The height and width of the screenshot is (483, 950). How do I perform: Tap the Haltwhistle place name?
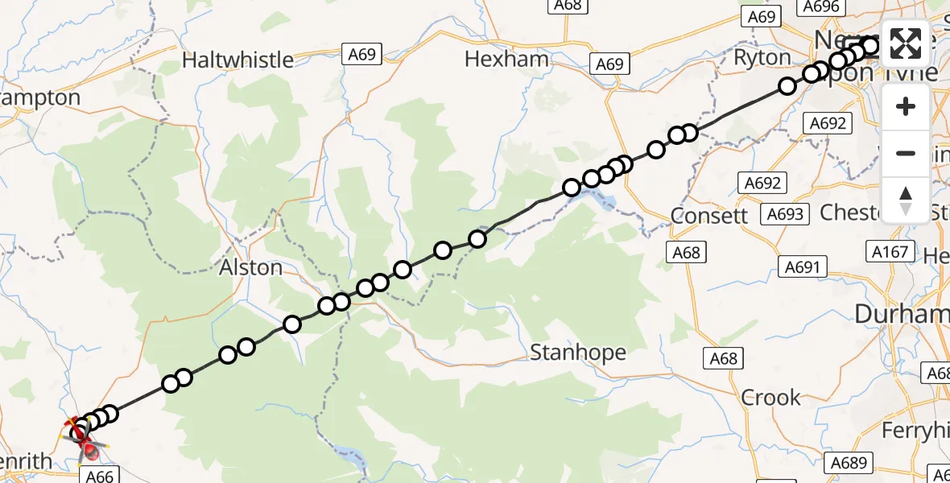tap(237, 60)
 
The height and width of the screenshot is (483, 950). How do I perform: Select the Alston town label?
tap(250, 267)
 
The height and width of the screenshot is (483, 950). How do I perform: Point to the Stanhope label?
tap(578, 353)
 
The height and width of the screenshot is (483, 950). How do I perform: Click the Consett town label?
tap(709, 216)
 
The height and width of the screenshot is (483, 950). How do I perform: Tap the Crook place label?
tap(770, 398)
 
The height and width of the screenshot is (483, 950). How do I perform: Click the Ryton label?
tap(762, 58)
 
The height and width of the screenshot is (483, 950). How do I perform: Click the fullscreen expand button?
tap(906, 43)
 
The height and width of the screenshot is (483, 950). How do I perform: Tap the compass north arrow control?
tap(906, 200)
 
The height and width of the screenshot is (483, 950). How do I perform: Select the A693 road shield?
tap(785, 213)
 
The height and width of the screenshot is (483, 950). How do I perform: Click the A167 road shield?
tap(890, 252)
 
